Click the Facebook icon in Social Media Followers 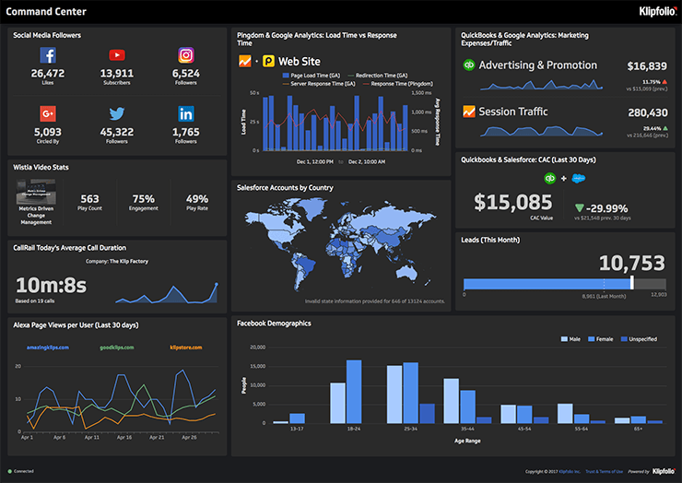point(48,56)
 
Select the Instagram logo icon point(186,56)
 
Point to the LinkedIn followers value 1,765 point(186,132)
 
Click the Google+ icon point(48,114)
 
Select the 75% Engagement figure point(143,199)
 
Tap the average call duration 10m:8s point(51,285)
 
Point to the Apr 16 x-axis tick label point(125,437)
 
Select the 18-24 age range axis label point(353,430)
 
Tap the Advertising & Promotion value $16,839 point(646,66)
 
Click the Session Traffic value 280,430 point(646,112)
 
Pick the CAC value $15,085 point(507,201)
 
